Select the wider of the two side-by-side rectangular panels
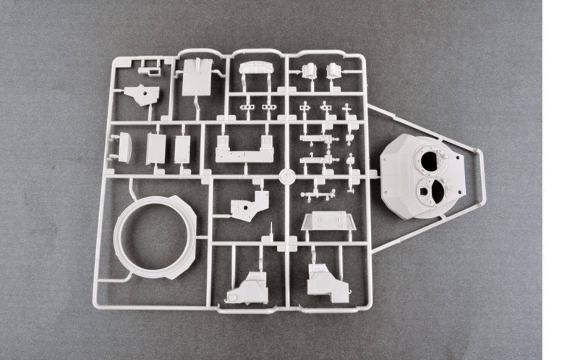tap(155, 148)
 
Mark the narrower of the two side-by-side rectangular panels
tap(182, 149)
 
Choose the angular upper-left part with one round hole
tap(143, 94)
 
